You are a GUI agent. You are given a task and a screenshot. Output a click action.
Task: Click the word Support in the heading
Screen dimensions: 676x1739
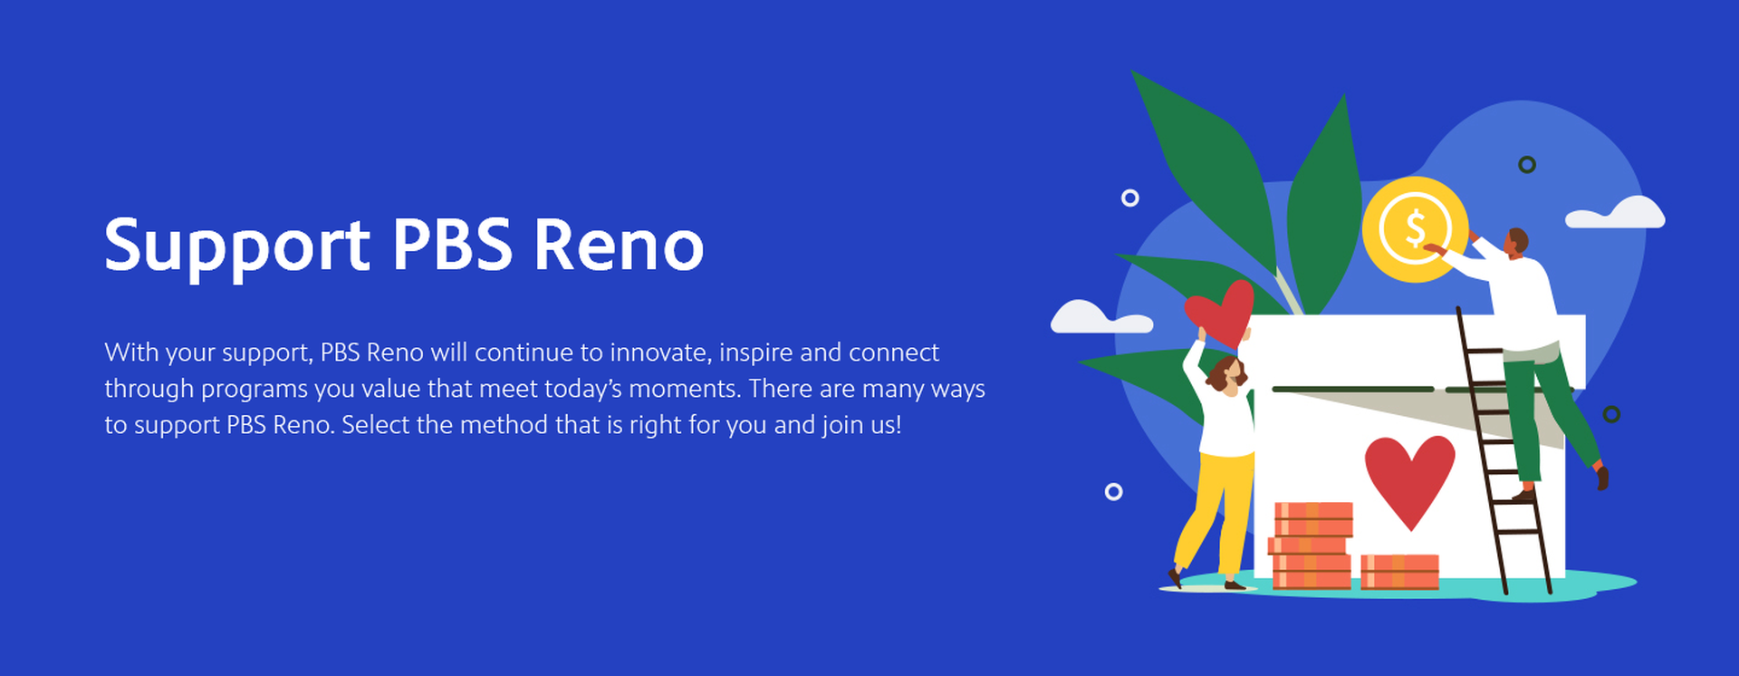pyautogui.click(x=236, y=246)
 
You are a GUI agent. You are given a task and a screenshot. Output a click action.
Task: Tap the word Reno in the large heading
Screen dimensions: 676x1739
pyautogui.click(x=618, y=246)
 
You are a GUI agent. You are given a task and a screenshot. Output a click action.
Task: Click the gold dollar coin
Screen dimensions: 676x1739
pyautogui.click(x=1414, y=228)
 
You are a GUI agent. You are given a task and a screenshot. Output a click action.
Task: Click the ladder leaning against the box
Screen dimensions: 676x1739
pyautogui.click(x=1504, y=453)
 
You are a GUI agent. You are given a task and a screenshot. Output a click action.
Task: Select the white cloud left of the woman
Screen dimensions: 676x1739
pyautogui.click(x=1098, y=318)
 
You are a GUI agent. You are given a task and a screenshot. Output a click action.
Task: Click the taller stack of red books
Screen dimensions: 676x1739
pyautogui.click(x=1311, y=545)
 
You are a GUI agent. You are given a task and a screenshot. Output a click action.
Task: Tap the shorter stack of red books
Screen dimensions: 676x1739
pyautogui.click(x=1399, y=571)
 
